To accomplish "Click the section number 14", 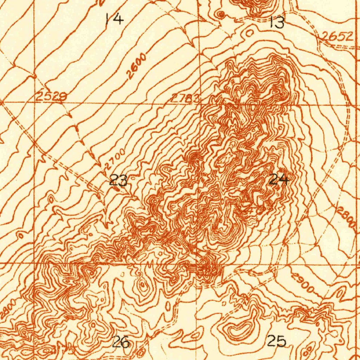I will (x=115, y=18).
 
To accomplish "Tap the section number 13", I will (x=277, y=23).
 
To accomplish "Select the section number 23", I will (x=118, y=181).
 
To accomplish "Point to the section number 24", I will (x=279, y=180).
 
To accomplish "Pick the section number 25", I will (x=277, y=341).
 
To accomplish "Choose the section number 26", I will (x=121, y=342).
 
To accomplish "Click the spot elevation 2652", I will (x=338, y=36).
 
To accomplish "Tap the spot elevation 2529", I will (x=51, y=97).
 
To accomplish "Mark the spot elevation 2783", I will (x=185, y=98).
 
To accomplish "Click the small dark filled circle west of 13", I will (x=221, y=14).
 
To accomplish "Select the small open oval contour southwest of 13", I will (x=250, y=33).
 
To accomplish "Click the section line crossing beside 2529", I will (x=34, y=102).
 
